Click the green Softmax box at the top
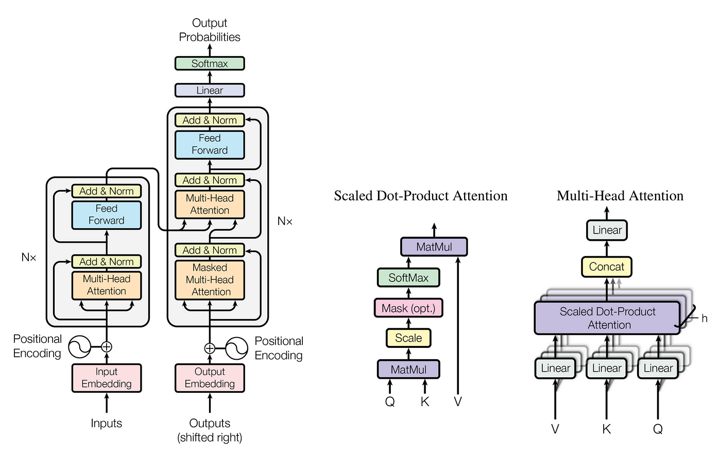[210, 63]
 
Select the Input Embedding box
[107, 378]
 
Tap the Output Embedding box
[210, 378]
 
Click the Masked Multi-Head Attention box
[210, 279]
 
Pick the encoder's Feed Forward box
[107, 215]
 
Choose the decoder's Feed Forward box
[210, 145]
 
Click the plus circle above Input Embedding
[107, 347]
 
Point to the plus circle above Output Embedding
[210, 348]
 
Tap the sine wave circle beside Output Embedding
[236, 348]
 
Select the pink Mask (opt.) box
[408, 308]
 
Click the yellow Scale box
[408, 338]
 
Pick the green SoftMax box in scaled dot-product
[408, 277]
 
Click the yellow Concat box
[607, 267]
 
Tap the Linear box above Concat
[607, 230]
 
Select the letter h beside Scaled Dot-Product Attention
[705, 319]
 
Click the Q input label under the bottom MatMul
[390, 402]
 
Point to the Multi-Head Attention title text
[620, 195]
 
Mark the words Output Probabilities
[210, 30]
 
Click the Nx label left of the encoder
[29, 257]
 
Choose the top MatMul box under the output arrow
[434, 247]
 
